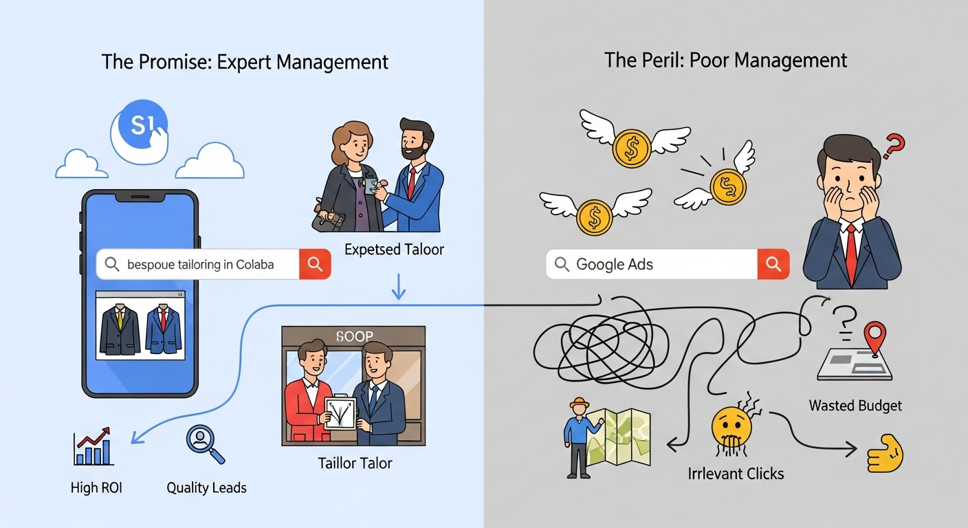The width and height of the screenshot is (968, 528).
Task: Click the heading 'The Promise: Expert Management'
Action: pyautogui.click(x=245, y=61)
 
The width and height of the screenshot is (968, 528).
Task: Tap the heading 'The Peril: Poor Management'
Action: pyautogui.click(x=725, y=60)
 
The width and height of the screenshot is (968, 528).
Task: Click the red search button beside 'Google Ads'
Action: pyautogui.click(x=773, y=264)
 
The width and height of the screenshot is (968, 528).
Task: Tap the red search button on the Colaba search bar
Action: pyautogui.click(x=315, y=264)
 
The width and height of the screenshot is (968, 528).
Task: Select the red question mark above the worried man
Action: pyautogui.click(x=894, y=146)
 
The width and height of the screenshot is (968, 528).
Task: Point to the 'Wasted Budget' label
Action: pyautogui.click(x=855, y=406)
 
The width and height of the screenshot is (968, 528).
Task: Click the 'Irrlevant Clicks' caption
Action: pyautogui.click(x=736, y=473)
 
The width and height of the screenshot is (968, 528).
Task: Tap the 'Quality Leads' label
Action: pyautogui.click(x=206, y=488)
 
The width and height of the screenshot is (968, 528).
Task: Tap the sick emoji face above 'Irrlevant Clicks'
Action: pyautogui.click(x=731, y=426)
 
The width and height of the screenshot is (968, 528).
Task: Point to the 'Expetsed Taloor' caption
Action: pyautogui.click(x=394, y=250)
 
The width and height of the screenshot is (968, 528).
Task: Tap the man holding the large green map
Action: pyautogui.click(x=577, y=437)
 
